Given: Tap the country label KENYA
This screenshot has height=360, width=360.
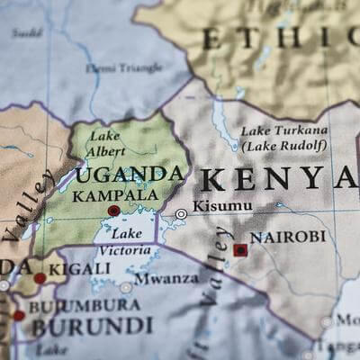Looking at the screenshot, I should [x=278, y=178].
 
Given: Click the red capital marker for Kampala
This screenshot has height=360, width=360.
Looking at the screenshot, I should [x=113, y=211].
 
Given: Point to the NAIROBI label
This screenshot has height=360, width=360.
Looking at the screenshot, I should [x=287, y=237].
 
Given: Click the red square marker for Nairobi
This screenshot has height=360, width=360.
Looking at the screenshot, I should [x=240, y=249].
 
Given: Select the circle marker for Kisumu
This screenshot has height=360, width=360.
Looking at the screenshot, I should [x=181, y=214].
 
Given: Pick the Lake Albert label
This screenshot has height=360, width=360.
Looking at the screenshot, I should [x=105, y=144].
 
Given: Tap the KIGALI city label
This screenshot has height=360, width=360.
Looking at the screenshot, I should [x=68, y=268].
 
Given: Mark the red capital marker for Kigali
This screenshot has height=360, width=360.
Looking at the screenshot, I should [x=40, y=278].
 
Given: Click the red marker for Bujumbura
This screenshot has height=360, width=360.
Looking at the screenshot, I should [x=19, y=316].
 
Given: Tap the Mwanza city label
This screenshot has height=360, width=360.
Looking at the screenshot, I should [x=166, y=279].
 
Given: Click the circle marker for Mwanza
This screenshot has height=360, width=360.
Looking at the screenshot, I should [x=126, y=288].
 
